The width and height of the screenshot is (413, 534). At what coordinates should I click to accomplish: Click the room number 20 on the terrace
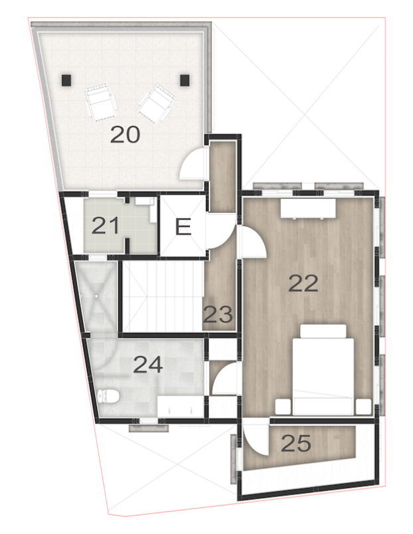(125, 135)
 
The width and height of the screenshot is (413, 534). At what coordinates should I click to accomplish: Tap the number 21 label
(106, 226)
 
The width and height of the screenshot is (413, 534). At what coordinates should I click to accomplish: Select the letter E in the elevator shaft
(183, 228)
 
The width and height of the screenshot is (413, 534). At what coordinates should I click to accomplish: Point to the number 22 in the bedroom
(303, 283)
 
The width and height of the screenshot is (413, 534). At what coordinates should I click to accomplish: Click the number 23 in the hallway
(218, 313)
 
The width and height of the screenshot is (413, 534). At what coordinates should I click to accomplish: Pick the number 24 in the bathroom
(147, 364)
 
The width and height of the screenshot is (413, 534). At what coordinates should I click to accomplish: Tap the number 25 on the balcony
(295, 443)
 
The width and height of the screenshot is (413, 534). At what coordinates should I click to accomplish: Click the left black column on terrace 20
(66, 80)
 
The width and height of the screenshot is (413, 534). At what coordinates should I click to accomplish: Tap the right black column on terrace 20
(185, 80)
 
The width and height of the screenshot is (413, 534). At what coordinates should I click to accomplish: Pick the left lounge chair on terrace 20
(102, 101)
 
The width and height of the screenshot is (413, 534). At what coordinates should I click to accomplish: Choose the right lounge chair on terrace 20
(156, 103)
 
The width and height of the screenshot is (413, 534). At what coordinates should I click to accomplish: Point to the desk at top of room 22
(307, 208)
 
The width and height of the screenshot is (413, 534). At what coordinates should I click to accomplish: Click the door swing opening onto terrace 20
(193, 165)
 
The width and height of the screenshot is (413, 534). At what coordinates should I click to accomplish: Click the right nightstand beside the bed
(363, 406)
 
